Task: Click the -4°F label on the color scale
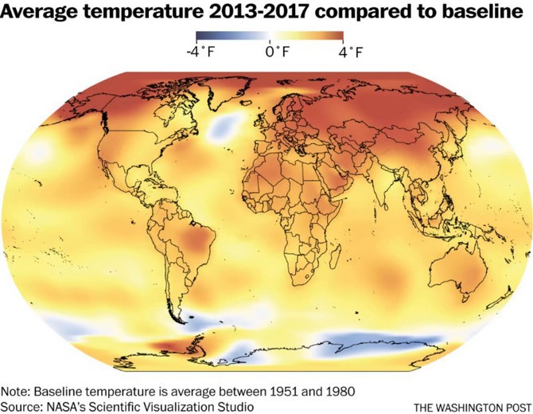click(x=201, y=53)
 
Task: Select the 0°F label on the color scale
click(x=277, y=52)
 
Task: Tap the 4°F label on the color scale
click(x=351, y=53)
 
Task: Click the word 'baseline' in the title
click(x=482, y=12)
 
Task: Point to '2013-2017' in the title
click(x=259, y=12)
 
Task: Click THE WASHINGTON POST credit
click(x=473, y=407)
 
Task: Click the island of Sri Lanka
click(x=386, y=206)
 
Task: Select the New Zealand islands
click(x=500, y=299)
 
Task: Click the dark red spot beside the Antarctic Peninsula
click(x=169, y=346)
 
